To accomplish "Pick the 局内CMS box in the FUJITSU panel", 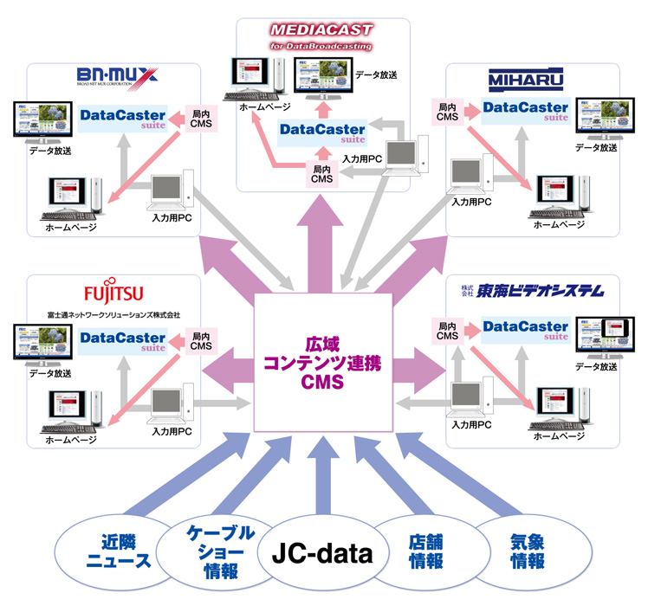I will coord(201,339).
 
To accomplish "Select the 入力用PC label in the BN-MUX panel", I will coord(172,218).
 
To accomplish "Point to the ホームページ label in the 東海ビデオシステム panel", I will coord(555,437).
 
